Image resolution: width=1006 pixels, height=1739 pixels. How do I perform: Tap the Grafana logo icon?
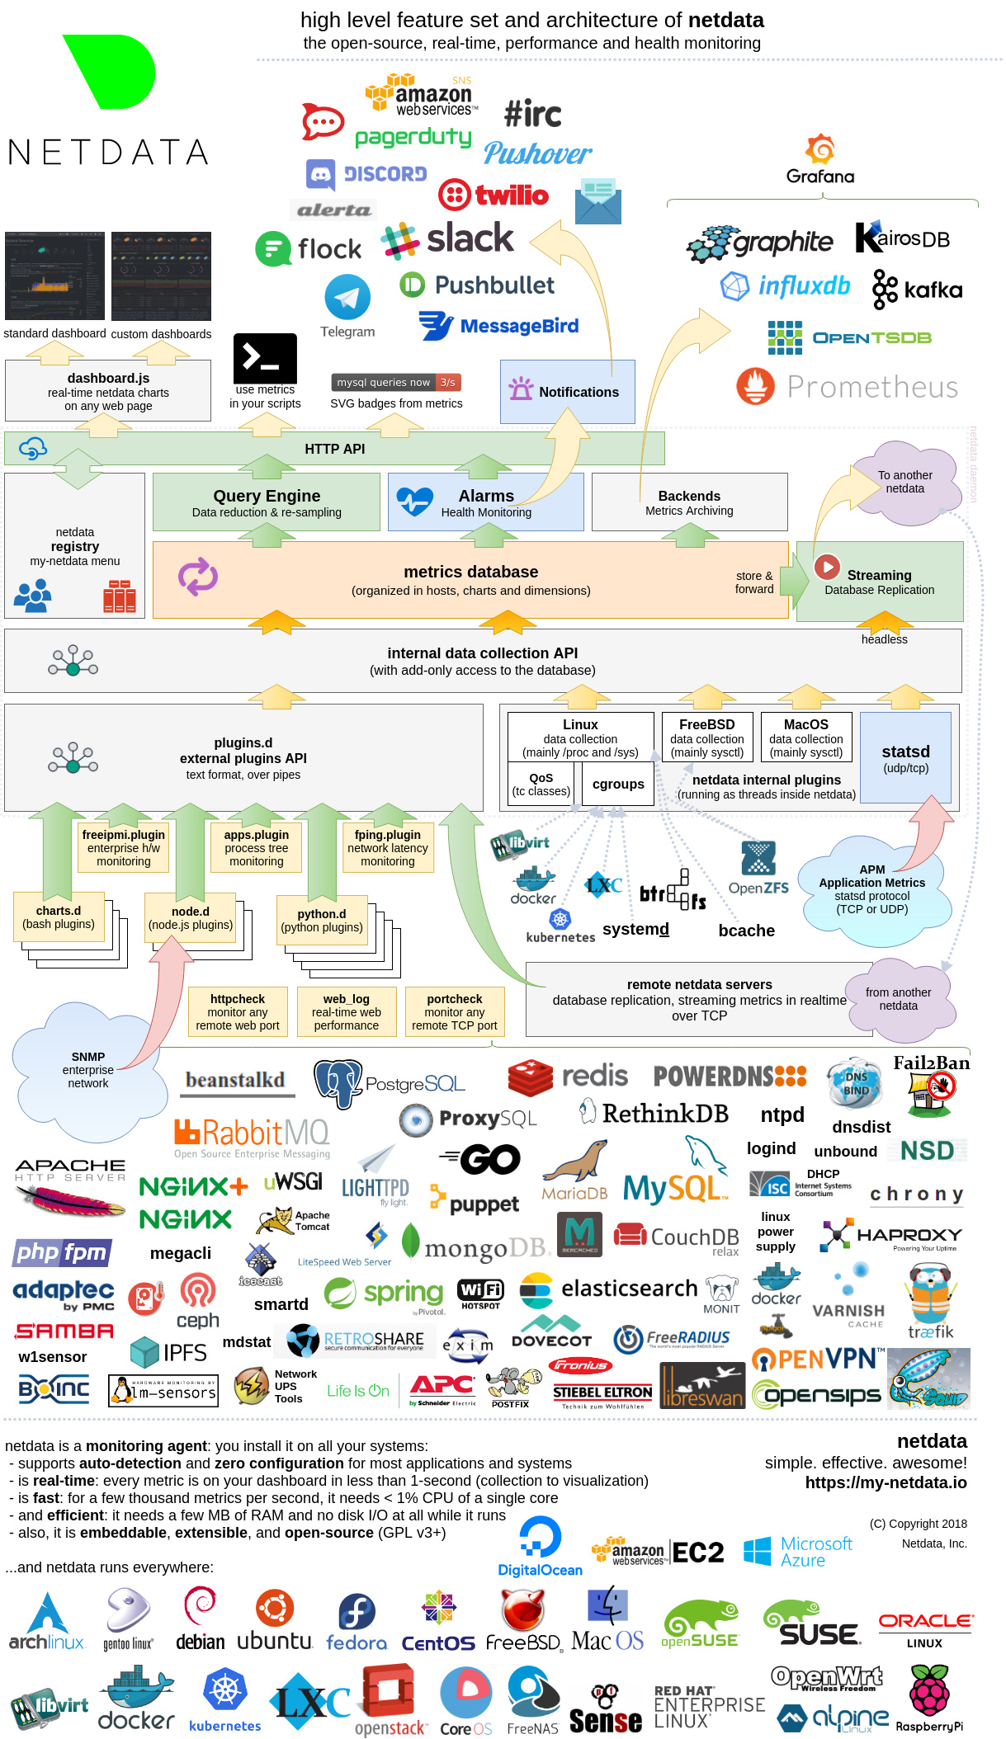(x=820, y=149)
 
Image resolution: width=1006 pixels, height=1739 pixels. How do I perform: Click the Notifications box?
(x=567, y=392)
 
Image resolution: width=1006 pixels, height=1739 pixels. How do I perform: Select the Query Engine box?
(x=267, y=502)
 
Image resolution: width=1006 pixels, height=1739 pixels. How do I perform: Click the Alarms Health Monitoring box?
(x=485, y=502)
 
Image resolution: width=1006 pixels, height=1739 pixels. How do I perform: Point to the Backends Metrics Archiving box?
(x=689, y=502)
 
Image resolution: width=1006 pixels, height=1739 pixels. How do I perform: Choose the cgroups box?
(x=618, y=784)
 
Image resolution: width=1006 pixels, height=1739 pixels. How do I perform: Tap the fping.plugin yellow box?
(x=388, y=847)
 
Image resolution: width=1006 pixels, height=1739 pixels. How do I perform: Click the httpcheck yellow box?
(x=238, y=1011)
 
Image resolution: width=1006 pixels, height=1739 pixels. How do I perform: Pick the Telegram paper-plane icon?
(x=347, y=297)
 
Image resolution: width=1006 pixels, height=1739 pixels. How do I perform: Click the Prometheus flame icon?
(x=755, y=386)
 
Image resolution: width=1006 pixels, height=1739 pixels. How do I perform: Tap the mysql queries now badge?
(x=396, y=382)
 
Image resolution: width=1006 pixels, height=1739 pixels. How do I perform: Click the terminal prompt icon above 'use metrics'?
(x=265, y=358)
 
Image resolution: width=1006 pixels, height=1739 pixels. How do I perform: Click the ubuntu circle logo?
(x=275, y=1608)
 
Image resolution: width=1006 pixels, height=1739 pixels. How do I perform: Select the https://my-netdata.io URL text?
(x=886, y=1482)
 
